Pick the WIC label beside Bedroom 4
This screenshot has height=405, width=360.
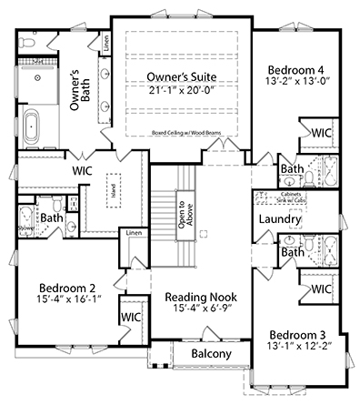point(319,133)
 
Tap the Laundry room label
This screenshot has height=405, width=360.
point(279,219)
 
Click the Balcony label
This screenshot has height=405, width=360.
point(211,354)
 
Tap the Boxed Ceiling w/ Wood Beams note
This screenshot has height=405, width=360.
point(197,133)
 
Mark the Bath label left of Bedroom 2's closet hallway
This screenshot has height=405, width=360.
point(51,218)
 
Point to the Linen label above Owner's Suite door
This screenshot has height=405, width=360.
point(106,43)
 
